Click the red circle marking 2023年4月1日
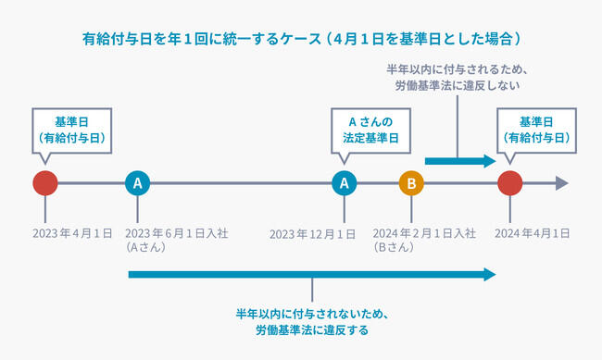point(45,183)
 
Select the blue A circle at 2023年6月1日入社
point(137,183)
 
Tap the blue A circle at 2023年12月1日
point(345,183)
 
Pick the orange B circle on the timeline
point(410,183)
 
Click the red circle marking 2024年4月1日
point(508,183)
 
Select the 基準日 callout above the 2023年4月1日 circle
point(71,130)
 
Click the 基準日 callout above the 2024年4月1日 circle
point(537,130)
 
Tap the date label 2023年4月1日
point(72,233)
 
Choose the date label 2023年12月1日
point(312,233)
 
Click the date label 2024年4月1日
point(533,233)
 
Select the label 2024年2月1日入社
point(424,233)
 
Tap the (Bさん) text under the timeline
point(394,248)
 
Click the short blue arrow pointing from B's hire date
point(460,161)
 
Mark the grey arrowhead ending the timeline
point(560,183)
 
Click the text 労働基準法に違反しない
point(458,86)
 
